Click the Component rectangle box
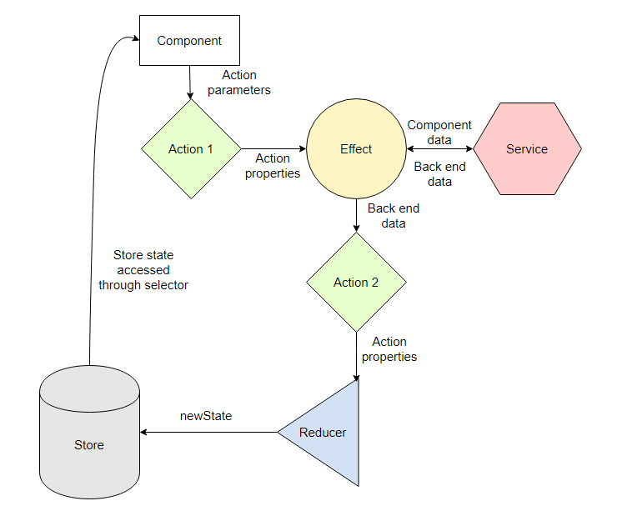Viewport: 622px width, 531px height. point(189,41)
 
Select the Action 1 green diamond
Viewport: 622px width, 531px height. point(191,149)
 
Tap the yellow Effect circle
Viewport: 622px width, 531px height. point(356,149)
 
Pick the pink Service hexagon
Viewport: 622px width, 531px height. point(527,149)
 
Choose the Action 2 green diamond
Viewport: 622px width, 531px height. point(356,283)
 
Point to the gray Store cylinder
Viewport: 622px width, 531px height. point(89,433)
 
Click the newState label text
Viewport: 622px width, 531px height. point(206,415)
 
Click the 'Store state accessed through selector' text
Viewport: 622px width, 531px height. point(143,270)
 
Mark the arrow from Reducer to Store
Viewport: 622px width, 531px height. point(208,433)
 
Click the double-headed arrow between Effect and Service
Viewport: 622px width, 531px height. point(440,150)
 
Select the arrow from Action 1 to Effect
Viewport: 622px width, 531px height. point(273,149)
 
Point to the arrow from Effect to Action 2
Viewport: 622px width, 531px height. point(357,216)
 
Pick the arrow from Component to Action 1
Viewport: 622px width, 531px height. point(190,83)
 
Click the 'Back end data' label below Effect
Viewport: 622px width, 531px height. point(393,216)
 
